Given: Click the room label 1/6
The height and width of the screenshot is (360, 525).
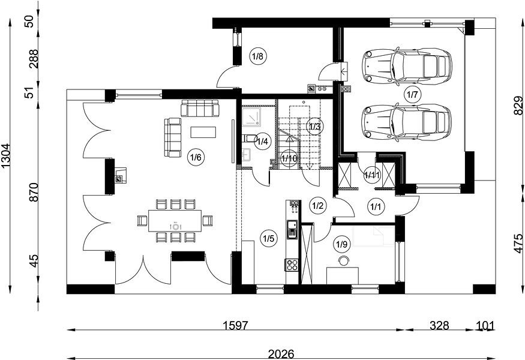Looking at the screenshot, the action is pyautogui.click(x=196, y=157).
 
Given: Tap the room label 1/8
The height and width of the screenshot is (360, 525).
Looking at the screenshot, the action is pyautogui.click(x=258, y=56).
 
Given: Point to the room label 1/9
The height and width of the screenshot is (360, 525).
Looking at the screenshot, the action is pyautogui.click(x=341, y=244).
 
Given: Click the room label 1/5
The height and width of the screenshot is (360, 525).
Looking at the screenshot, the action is pyautogui.click(x=269, y=238).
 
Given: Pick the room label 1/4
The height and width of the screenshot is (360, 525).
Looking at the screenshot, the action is pyautogui.click(x=262, y=142).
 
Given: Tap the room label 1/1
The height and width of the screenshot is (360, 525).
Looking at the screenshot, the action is pyautogui.click(x=375, y=206).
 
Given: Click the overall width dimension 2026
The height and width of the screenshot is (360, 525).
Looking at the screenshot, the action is pyautogui.click(x=281, y=354).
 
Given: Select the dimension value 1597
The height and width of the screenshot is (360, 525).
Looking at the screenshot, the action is pyautogui.click(x=236, y=325).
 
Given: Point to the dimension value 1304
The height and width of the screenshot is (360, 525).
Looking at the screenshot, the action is pyautogui.click(x=6, y=156).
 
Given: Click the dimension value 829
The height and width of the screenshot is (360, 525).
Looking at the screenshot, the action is pyautogui.click(x=518, y=106).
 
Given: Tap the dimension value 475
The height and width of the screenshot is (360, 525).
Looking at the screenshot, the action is pyautogui.click(x=518, y=244).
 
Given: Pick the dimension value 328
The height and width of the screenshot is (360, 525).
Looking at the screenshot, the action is pyautogui.click(x=439, y=325).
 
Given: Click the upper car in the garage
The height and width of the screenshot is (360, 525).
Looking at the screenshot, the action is pyautogui.click(x=407, y=66).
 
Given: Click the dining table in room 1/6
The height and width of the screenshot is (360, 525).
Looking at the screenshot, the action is pyautogui.click(x=175, y=221).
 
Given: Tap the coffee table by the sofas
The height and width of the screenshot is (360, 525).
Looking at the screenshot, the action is pyautogui.click(x=203, y=132).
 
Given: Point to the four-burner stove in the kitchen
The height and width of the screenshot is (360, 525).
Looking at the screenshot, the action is pyautogui.click(x=292, y=265).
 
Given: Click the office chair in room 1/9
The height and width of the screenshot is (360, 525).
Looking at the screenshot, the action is pyautogui.click(x=343, y=260).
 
